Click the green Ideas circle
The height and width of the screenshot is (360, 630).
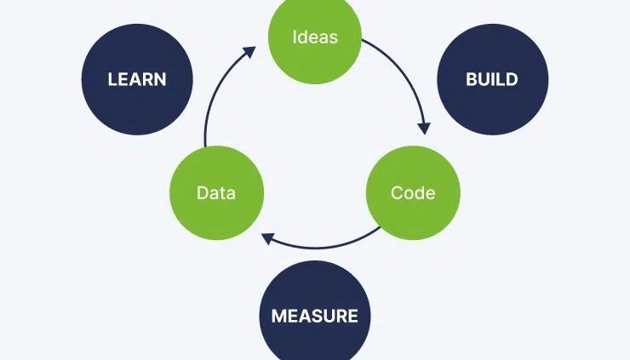coord(314,37)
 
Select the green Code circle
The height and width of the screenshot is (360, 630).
coord(413,192)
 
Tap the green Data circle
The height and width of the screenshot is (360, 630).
coord(216,192)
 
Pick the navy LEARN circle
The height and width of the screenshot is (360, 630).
coord(137,80)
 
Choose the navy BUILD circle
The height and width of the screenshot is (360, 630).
coord(492,80)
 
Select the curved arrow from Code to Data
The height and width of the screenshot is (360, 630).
coord(324,247)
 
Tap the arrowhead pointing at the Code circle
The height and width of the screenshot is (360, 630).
coord(423,129)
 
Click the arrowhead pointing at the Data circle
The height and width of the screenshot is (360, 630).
coord(267,237)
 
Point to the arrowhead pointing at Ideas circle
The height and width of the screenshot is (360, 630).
coord(249,52)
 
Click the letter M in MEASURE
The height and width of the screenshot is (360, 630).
coord(278,317)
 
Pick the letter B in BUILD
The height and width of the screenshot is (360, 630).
coord(471,80)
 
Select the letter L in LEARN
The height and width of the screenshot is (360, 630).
coord(112,80)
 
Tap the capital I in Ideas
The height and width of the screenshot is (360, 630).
coord(295,37)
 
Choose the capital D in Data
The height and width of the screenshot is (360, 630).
coord(202,192)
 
